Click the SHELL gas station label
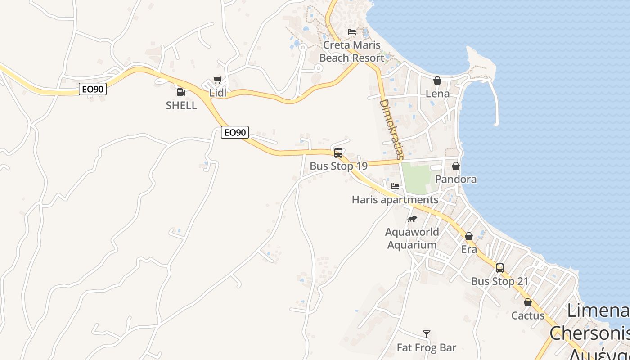(181, 105)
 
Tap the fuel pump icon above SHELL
(181, 92)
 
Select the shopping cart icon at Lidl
(218, 80)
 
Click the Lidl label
(218, 93)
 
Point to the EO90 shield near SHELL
(93, 89)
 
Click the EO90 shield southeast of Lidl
(235, 132)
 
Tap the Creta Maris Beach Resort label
(352, 51)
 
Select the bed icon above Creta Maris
(352, 32)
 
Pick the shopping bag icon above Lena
(437, 81)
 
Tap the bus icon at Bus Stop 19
(338, 153)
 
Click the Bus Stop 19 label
(338, 166)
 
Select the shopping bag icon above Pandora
(456, 166)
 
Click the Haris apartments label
(395, 199)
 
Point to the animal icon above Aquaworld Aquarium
(412, 219)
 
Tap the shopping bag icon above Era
(469, 236)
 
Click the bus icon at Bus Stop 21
(499, 268)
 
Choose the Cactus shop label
(528, 315)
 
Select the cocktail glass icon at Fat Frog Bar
(427, 334)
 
